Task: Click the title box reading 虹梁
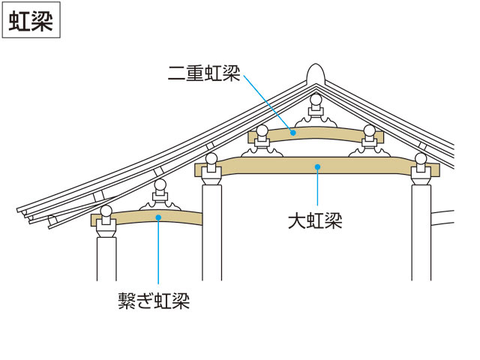(x=31, y=20)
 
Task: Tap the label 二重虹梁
(x=204, y=73)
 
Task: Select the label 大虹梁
(x=315, y=220)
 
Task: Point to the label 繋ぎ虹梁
(x=154, y=301)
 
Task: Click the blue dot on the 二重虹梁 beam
(x=293, y=133)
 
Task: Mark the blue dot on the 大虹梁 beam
(x=317, y=166)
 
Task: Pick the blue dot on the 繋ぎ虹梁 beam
(x=158, y=217)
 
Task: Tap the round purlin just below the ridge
(x=316, y=100)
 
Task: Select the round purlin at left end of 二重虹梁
(x=262, y=131)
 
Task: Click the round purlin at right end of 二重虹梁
(x=369, y=131)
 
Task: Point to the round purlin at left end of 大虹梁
(x=211, y=159)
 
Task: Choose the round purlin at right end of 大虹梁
(x=421, y=159)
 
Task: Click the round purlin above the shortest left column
(x=106, y=211)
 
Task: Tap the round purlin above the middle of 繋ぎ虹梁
(x=160, y=185)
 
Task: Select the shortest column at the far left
(x=106, y=259)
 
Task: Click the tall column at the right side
(x=421, y=232)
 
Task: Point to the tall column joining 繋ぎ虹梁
(x=211, y=232)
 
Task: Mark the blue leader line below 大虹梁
(x=317, y=186)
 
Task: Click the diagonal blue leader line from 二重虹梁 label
(x=268, y=103)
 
